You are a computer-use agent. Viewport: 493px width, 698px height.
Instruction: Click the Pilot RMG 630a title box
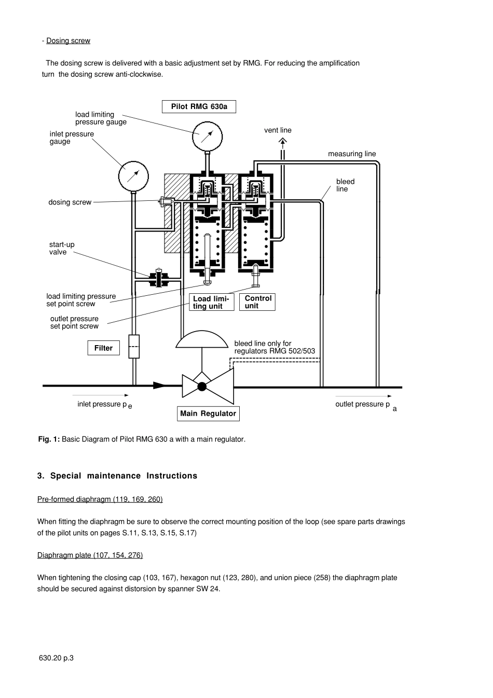point(199,106)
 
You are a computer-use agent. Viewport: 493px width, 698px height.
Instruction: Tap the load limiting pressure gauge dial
point(207,136)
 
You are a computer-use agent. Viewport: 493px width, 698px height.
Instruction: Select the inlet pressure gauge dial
point(133,176)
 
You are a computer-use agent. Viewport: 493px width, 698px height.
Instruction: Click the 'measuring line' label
point(352,154)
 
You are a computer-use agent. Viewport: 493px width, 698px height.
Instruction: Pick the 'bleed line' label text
point(345,185)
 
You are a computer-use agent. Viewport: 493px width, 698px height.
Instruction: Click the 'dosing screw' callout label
point(70,202)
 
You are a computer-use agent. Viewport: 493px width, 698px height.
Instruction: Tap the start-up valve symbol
point(159,278)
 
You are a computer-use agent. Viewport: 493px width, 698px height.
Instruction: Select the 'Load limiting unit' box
point(212,302)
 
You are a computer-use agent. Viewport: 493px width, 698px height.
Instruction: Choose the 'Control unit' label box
point(257,302)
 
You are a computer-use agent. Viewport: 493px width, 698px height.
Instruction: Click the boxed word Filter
point(103,348)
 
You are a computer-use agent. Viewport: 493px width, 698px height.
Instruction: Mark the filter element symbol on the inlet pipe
point(134,347)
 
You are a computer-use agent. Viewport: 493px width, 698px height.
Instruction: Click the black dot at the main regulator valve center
point(202,387)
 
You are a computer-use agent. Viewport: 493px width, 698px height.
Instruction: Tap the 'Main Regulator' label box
point(208,414)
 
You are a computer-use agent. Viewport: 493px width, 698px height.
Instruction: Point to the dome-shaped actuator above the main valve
point(202,339)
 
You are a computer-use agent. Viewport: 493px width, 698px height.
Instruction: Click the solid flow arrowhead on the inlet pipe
point(159,386)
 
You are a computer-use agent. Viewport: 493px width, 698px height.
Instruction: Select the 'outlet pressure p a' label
point(366,406)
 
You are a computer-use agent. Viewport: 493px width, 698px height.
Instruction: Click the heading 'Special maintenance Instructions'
point(117,476)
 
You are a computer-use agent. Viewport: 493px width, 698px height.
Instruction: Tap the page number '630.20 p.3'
point(56,658)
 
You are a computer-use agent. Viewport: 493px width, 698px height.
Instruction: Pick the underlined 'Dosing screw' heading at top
point(69,41)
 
